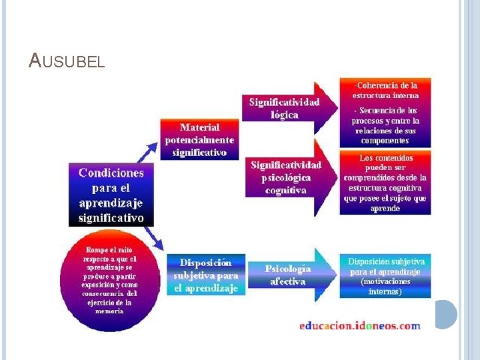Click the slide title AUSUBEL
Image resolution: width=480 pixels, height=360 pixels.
pos(67,61)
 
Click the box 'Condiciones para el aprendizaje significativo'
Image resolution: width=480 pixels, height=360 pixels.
pos(111,195)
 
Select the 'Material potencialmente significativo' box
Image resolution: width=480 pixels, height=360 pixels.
pos(199,139)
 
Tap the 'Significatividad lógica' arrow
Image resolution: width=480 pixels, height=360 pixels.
pos(285,108)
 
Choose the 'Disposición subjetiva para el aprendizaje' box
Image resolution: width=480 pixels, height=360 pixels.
pos(206,275)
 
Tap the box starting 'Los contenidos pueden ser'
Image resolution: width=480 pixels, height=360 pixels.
pos(385,183)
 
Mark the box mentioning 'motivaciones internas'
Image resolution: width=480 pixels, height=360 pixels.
pos(386,276)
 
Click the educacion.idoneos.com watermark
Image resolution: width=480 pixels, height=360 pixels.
pos(360,326)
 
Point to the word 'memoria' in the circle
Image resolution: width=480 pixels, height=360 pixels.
pos(109,311)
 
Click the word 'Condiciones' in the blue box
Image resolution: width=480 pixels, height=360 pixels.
pos(111,173)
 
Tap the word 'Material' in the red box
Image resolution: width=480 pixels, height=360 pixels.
pos(199,127)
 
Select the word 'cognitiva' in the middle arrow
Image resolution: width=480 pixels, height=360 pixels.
pos(285,190)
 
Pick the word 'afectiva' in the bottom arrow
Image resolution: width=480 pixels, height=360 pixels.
pos(288,281)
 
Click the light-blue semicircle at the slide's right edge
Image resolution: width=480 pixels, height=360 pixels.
pos(447,314)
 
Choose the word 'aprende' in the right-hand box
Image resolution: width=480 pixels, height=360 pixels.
pos(385,208)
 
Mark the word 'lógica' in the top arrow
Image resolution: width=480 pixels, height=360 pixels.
pos(285,114)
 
